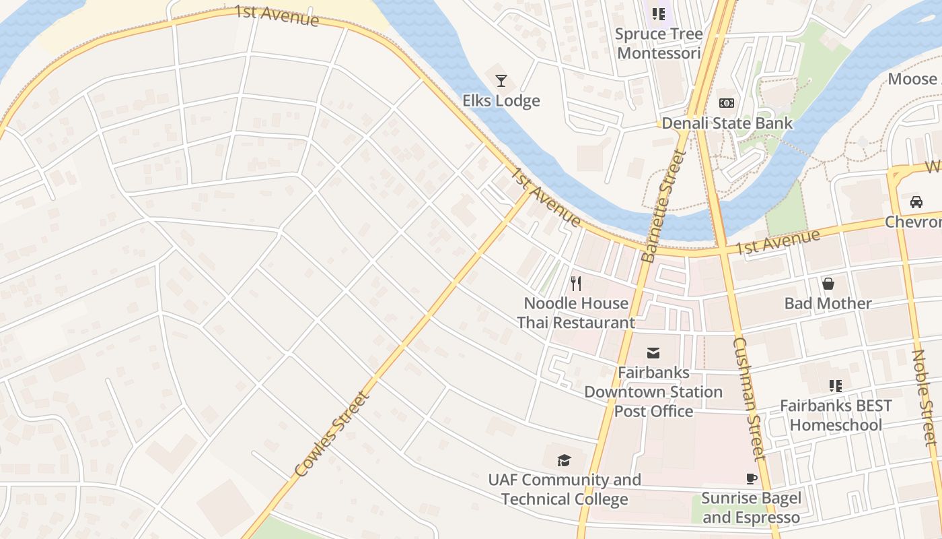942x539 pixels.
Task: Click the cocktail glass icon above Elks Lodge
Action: point(501,82)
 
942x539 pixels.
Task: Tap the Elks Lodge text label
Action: point(501,101)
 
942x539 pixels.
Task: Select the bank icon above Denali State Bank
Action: point(727,103)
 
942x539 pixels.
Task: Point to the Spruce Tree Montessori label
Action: point(659,43)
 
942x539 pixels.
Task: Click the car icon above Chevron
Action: point(916,201)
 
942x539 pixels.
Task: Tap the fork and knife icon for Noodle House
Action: point(576,283)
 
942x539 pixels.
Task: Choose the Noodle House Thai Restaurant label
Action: point(576,313)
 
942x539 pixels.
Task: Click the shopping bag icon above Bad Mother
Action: point(828,284)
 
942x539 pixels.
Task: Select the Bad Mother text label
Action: point(828,303)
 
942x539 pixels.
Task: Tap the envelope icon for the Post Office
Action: point(653,353)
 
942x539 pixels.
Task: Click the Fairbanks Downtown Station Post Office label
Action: point(653,391)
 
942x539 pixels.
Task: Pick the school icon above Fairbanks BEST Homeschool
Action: point(836,386)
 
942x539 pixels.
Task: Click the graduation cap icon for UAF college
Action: point(564,460)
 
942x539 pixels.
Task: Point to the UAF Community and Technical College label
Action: point(565,490)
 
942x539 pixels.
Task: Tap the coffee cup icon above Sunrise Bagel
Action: point(752,479)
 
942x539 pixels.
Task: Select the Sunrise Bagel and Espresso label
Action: point(752,508)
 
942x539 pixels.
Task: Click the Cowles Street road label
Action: point(333,435)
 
